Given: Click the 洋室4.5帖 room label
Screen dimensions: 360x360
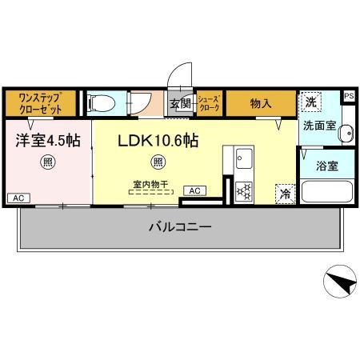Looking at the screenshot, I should point(47,140).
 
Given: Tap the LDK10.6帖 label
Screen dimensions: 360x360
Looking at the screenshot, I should point(158,140).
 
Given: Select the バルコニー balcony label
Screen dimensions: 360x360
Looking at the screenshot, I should point(180,227).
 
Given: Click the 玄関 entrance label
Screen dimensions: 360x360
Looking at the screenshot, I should point(178,102).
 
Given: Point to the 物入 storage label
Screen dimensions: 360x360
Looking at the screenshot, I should point(261,102).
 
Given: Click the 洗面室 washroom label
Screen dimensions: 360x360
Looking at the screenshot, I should point(318,126).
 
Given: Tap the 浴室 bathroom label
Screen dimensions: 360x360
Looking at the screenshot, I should point(327,167).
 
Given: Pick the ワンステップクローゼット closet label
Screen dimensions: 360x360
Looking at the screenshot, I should point(40,102).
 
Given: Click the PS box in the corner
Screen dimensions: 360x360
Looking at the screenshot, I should point(349,96).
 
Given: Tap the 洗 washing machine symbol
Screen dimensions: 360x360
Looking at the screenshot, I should point(310,102).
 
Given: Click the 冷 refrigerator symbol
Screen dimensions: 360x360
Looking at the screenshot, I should point(284,194).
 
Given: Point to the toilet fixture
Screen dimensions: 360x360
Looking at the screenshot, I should point(101,102).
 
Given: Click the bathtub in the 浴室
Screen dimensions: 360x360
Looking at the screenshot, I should point(328,193).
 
